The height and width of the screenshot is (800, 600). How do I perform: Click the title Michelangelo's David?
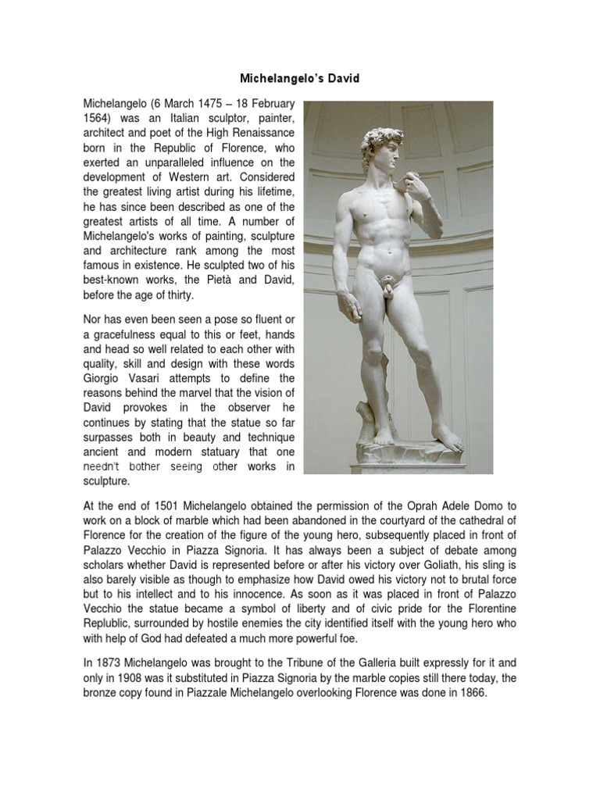pos(299,80)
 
